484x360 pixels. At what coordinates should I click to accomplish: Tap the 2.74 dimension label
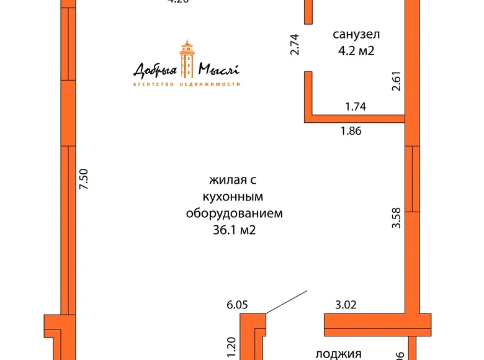[295, 45]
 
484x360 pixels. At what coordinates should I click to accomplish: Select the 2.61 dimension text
[397, 81]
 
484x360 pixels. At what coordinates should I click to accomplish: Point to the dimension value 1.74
[356, 107]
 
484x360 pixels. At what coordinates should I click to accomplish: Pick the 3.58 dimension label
[397, 218]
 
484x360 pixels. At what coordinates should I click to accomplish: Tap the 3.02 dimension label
[346, 305]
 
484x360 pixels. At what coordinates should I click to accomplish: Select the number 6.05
[237, 305]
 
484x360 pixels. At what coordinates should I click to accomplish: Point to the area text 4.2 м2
[356, 51]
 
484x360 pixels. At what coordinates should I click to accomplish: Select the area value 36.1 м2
[234, 230]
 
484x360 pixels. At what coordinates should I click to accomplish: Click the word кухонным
[234, 197]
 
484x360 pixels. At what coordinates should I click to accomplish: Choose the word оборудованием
[234, 214]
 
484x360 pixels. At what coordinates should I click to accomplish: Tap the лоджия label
[339, 354]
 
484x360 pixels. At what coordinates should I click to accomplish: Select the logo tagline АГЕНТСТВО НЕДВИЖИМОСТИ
[187, 84]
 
